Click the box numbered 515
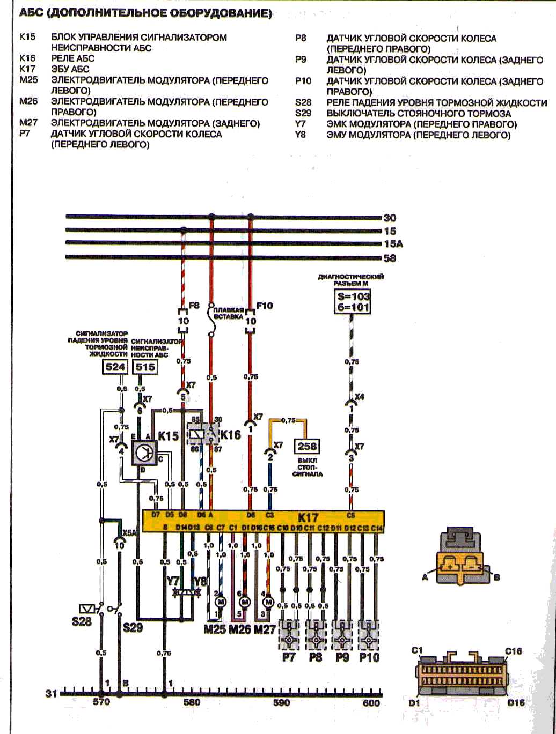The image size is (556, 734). (144, 367)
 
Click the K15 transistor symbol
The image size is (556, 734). (144, 453)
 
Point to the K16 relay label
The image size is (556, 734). (231, 435)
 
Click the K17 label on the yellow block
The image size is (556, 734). (308, 518)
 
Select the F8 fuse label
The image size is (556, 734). (194, 306)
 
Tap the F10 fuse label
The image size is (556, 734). (265, 306)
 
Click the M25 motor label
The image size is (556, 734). (215, 629)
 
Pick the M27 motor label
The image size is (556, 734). (266, 629)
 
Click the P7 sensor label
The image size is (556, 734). (290, 656)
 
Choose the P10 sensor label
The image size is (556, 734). (369, 656)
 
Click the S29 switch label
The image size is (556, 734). (133, 627)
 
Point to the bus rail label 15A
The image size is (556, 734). (393, 244)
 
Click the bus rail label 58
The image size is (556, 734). (390, 258)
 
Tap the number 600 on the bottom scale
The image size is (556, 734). (371, 703)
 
